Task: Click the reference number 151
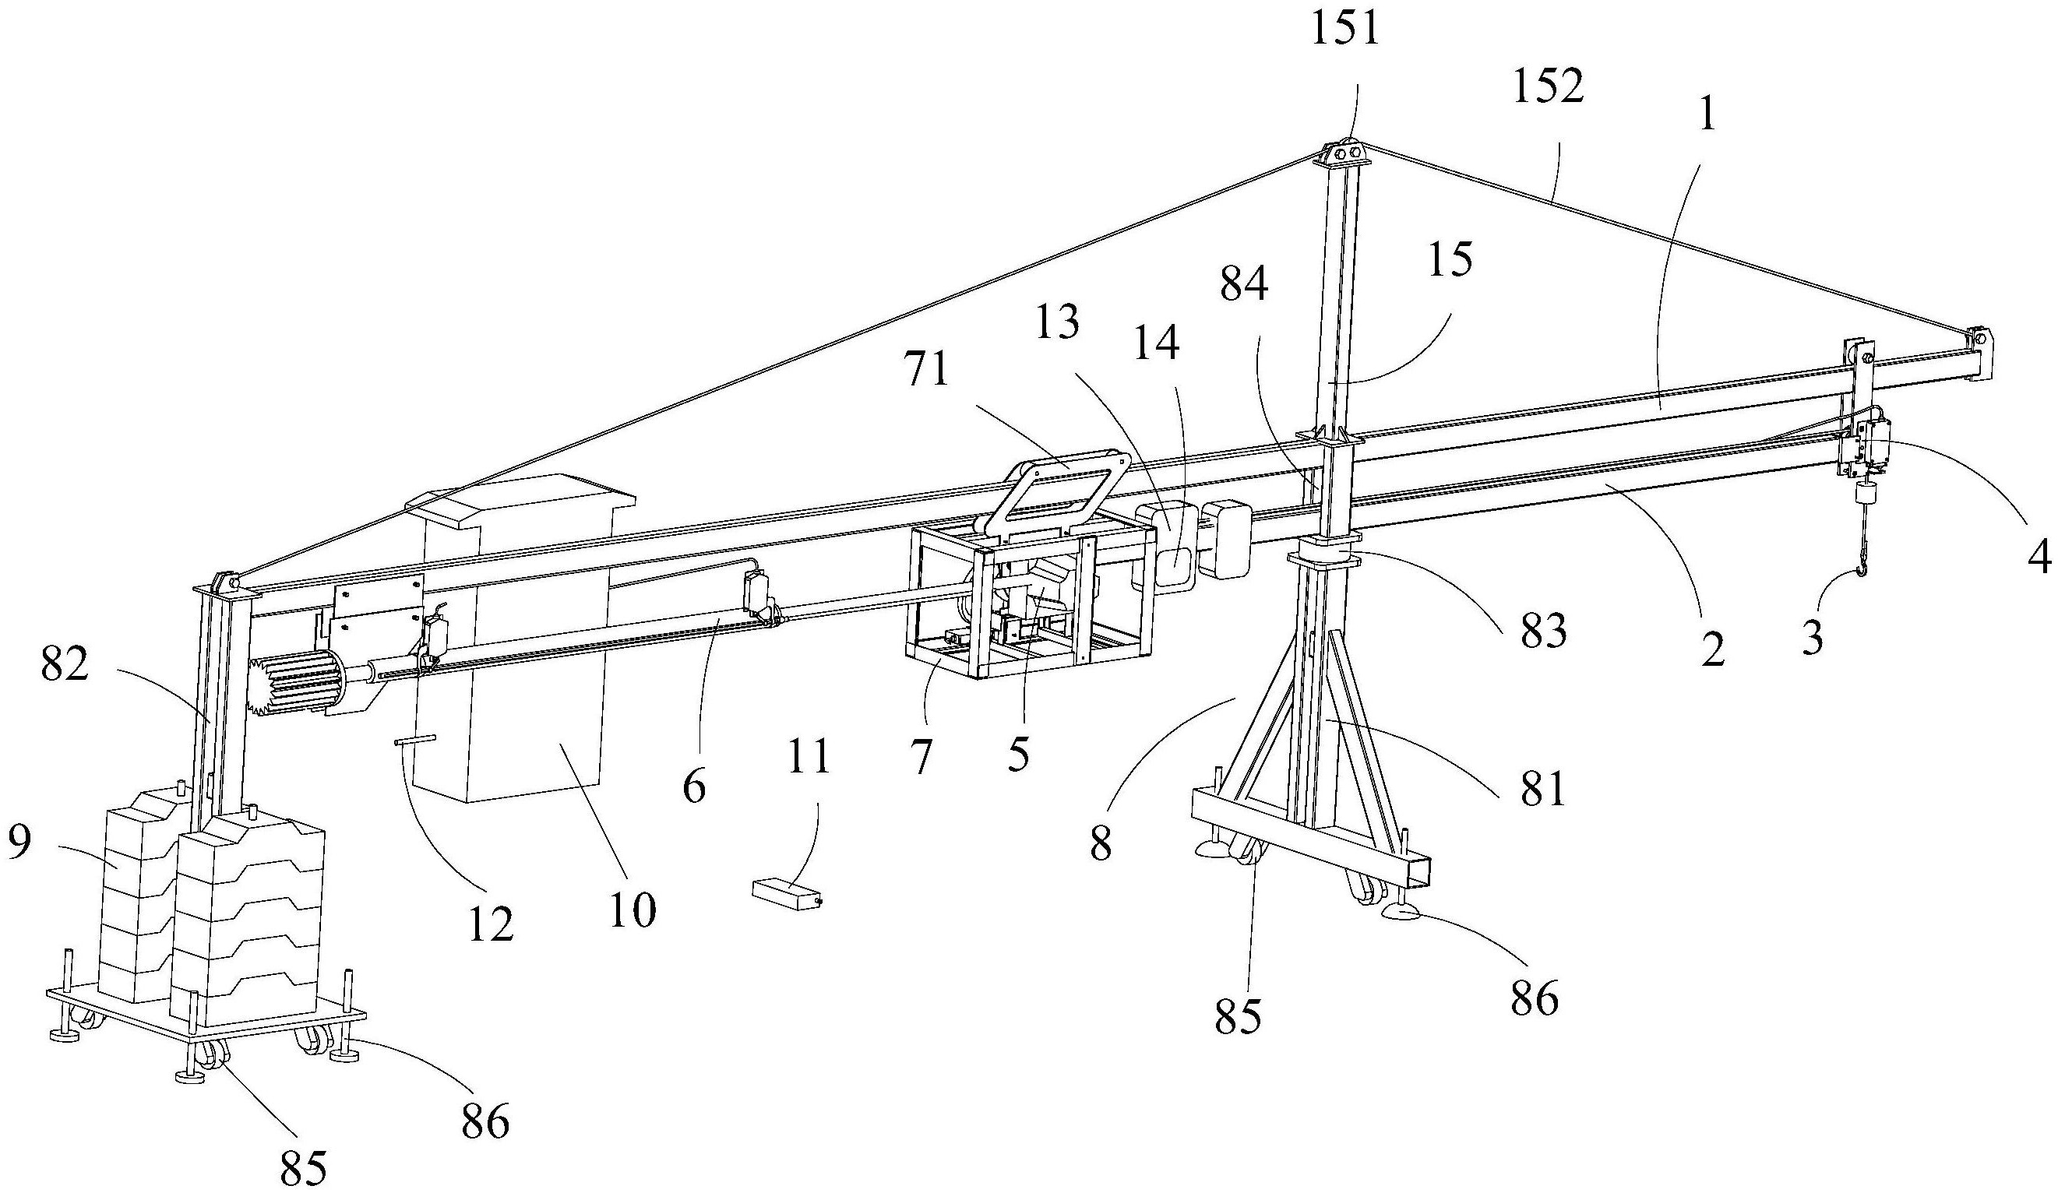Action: coord(1344,28)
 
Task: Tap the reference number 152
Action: coord(1549,87)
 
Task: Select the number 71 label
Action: coord(927,369)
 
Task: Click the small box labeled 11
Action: coord(787,892)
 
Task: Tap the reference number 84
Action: coord(1245,285)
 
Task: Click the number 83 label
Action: coord(1542,632)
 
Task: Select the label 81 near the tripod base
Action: coord(1541,787)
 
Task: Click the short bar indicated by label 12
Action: coord(415,740)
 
